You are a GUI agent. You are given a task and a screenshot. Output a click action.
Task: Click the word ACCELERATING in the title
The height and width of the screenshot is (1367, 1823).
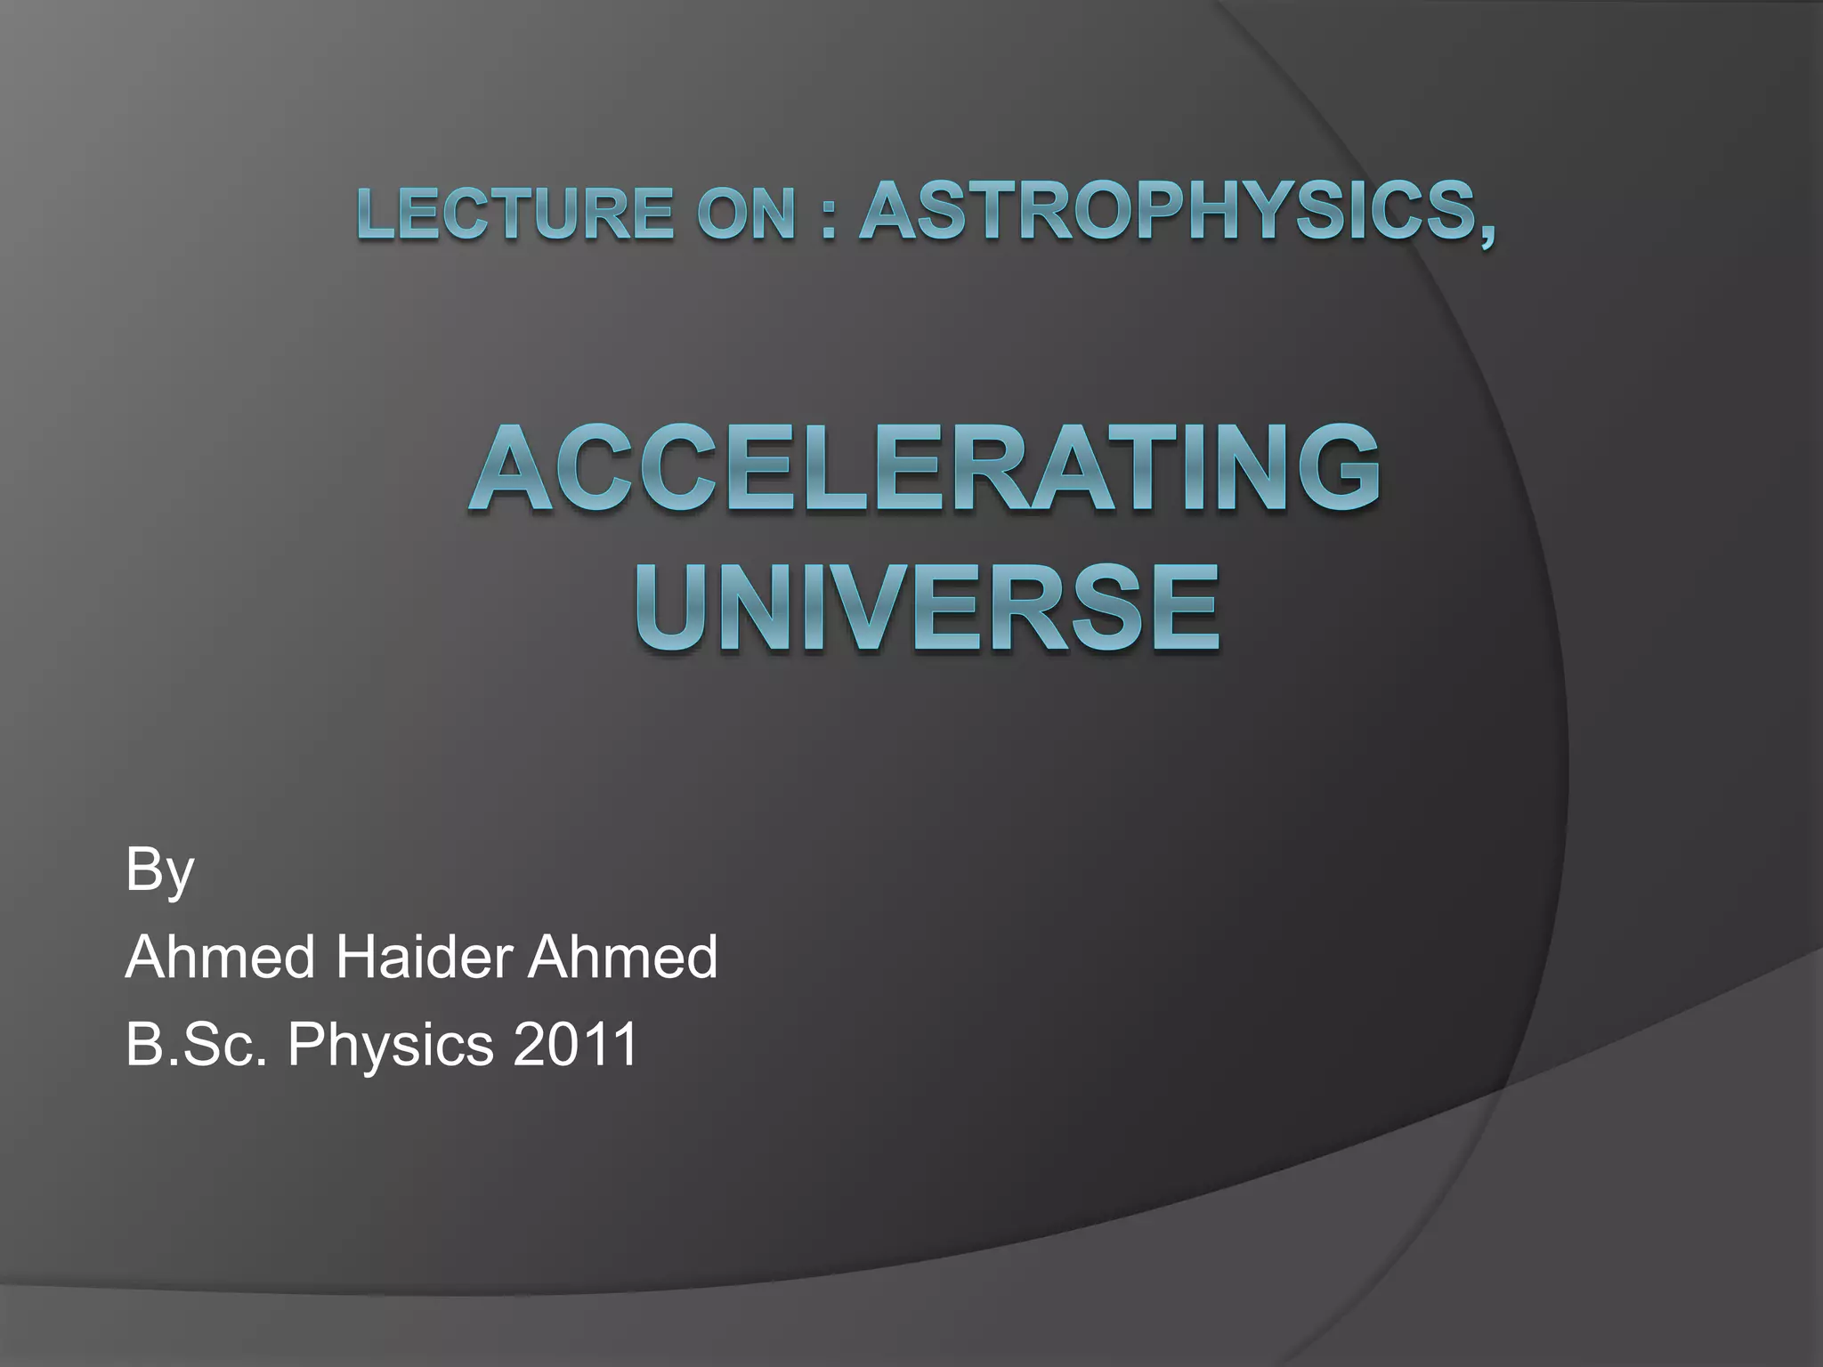[924, 471]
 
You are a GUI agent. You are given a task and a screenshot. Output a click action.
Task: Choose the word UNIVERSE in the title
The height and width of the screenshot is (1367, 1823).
[926, 607]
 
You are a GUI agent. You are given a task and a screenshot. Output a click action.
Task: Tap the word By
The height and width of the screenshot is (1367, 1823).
[159, 870]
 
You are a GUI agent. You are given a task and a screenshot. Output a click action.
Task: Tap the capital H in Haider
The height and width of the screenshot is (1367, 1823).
[353, 957]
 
